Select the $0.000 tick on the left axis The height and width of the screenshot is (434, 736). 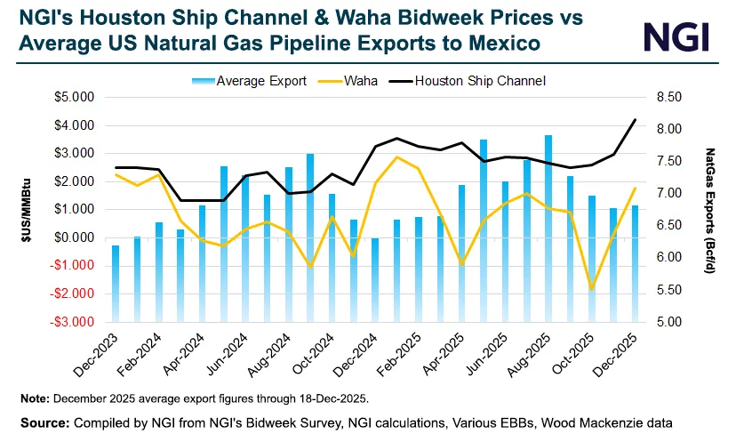(76, 237)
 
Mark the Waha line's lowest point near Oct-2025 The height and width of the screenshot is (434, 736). (591, 288)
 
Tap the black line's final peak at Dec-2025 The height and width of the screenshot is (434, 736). (635, 119)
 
